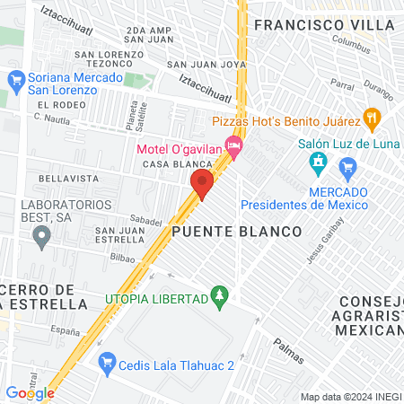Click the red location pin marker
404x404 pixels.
click(x=201, y=184)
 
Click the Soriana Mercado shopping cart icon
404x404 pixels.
click(x=15, y=80)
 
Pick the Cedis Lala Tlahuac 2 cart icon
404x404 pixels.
click(x=108, y=362)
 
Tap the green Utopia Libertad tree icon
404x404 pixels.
click(x=218, y=295)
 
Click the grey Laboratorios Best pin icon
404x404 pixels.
click(x=40, y=237)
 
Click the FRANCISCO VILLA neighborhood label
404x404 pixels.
click(x=322, y=25)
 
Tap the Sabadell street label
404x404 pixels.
click(x=145, y=220)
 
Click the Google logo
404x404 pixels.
click(x=30, y=393)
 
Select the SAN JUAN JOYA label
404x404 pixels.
click(x=206, y=65)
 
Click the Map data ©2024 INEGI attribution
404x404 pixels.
click(x=349, y=397)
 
